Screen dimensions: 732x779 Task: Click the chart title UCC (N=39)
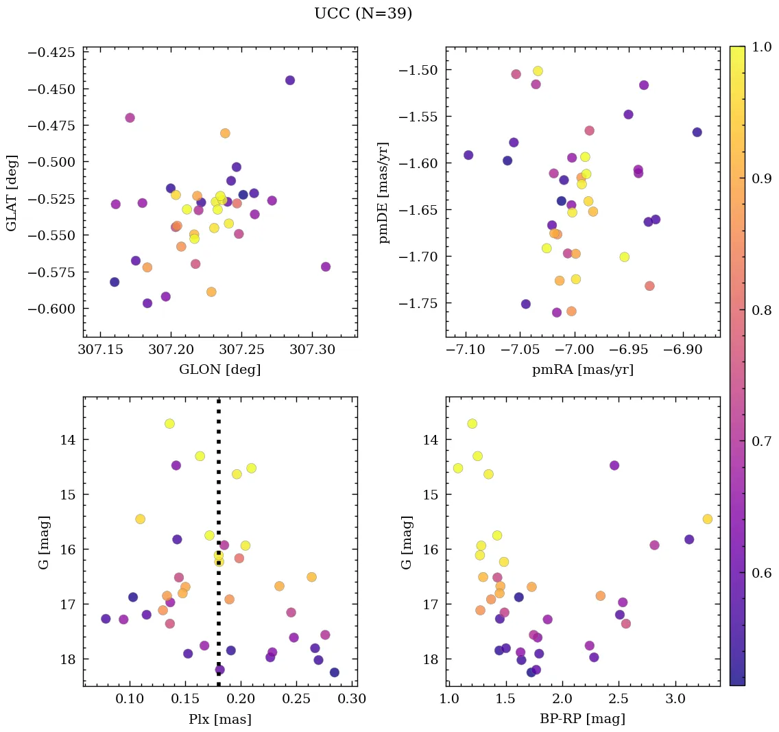[363, 14]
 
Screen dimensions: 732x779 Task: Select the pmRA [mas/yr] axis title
[582, 370]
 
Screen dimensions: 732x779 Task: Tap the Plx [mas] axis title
[219, 720]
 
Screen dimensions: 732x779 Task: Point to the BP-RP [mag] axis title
[582, 720]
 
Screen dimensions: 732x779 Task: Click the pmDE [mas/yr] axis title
[384, 192]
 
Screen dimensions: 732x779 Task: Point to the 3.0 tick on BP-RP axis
[675, 700]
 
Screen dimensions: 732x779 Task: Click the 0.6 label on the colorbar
[761, 574]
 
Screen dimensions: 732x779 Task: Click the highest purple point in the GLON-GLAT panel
[290, 80]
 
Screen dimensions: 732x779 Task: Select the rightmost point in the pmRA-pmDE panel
[697, 132]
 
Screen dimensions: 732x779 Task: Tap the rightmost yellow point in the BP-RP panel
[707, 519]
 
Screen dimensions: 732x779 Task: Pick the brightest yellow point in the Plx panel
[169, 423]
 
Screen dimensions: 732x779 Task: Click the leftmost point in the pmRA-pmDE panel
[468, 155]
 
